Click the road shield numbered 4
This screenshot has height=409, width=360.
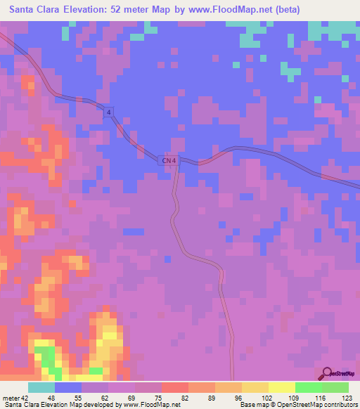pyautogui.click(x=108, y=112)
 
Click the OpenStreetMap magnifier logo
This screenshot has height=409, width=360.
pyautogui.click(x=326, y=373)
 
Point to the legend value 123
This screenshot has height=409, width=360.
pyautogui.click(x=344, y=397)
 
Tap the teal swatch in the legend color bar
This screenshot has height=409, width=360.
pyautogui.click(x=41, y=387)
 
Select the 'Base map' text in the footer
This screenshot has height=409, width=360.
pyautogui.click(x=255, y=405)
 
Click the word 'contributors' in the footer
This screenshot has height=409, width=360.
pyautogui.click(x=338, y=405)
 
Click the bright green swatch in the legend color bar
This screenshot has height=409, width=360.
pyautogui.click(x=308, y=387)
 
